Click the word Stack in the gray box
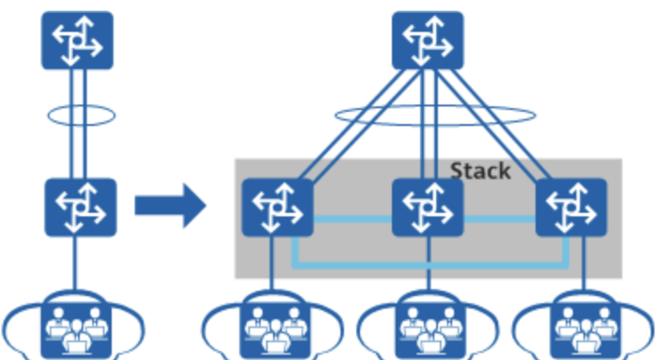480,169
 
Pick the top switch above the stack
427,40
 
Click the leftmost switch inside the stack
277,207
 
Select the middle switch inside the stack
427,207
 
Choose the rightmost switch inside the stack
571,207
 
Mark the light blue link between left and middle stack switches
352,218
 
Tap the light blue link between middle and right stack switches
499,218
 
